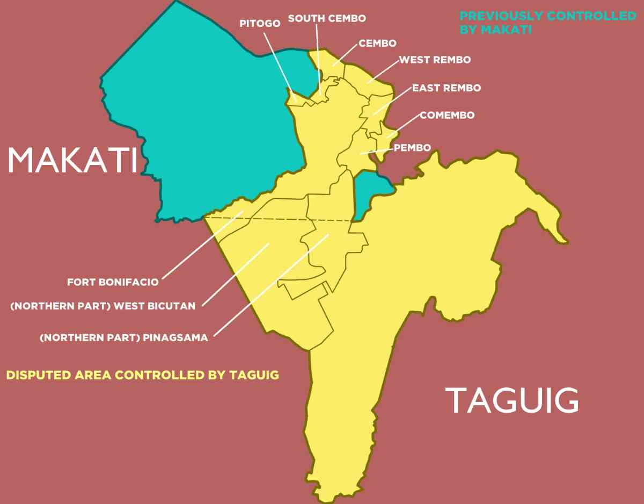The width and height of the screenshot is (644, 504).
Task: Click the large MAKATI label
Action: point(72,160)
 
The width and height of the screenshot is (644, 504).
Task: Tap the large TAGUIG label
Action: point(513,401)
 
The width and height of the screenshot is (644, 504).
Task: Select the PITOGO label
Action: point(260,23)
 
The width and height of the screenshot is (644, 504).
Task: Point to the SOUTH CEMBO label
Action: point(327,18)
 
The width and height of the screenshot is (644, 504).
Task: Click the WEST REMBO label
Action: point(435,60)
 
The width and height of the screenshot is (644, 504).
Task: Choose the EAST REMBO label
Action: point(447,88)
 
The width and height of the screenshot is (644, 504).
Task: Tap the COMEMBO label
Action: point(447,115)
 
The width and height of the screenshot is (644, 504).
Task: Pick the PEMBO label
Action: point(412,148)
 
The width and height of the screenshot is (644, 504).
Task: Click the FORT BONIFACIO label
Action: point(113,282)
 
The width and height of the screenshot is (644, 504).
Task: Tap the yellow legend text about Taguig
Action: point(143,375)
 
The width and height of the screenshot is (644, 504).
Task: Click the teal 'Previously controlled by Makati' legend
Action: point(547,23)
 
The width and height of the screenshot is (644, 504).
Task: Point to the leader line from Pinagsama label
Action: point(271,285)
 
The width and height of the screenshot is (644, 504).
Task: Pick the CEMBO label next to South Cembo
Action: point(377,43)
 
